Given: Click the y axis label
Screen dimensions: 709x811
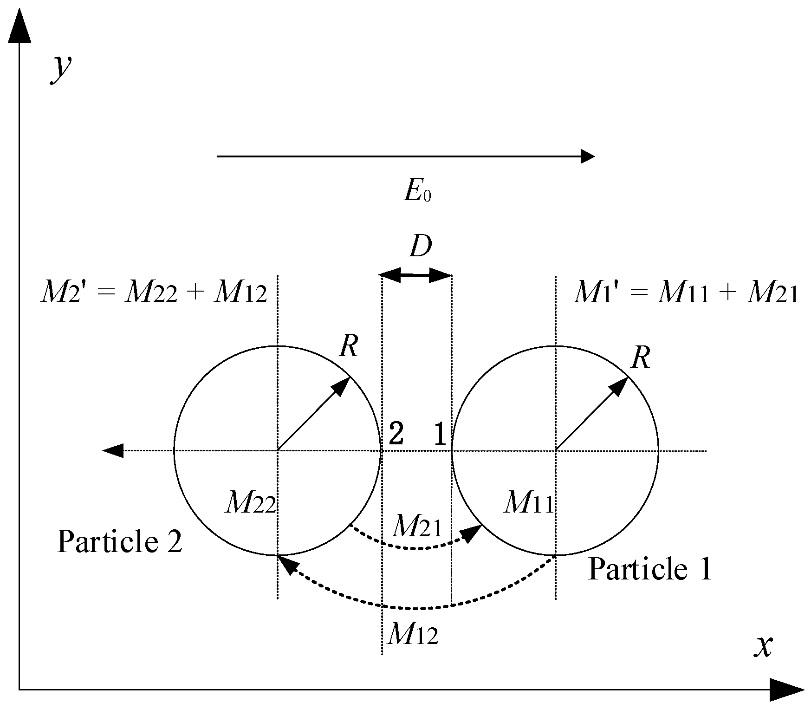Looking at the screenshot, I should pos(61,69).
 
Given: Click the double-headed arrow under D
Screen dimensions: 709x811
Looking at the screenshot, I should pos(416,275).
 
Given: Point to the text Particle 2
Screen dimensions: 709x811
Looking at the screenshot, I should pos(119,542).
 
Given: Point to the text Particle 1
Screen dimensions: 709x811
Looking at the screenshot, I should pos(649,569).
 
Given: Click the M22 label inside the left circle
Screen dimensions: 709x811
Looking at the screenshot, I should pos(251,503).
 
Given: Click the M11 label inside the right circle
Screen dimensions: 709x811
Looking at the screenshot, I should pos(529,503).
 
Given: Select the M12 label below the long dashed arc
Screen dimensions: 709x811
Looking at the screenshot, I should pos(412,634).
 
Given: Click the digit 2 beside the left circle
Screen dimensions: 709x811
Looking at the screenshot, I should pos(396,435).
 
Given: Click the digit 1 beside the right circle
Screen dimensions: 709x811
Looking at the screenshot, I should pos(440,435).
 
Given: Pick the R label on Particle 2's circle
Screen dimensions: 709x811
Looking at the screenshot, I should pos(349,346).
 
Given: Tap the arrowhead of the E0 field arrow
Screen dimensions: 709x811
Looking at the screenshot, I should pos(588,156).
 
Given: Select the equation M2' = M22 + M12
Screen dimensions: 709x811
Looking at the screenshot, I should pos(154,293).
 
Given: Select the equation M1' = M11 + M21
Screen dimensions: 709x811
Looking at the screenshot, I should pos(686,293).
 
